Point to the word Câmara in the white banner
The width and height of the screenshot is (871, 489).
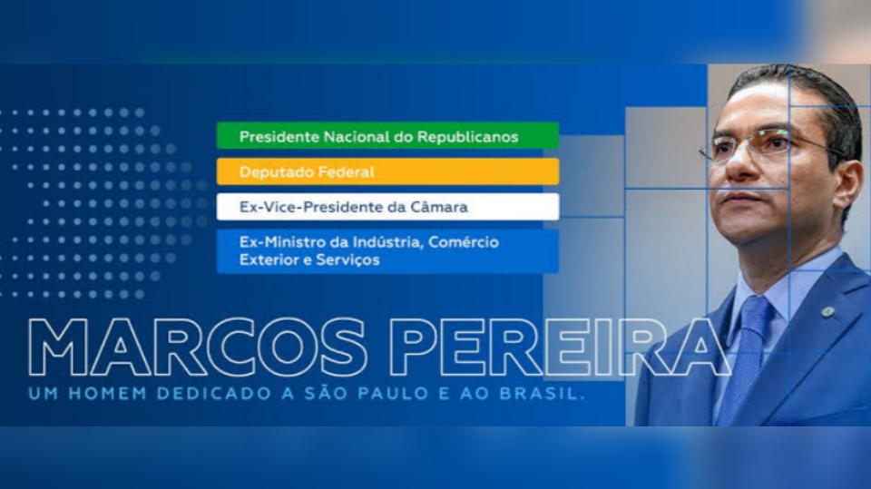[x=439, y=207]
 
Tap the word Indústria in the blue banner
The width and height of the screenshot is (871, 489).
[x=388, y=242]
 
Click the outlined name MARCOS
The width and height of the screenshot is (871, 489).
[x=197, y=347]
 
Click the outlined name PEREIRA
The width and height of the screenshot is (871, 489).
[x=558, y=347]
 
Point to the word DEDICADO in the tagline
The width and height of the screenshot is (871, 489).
[x=211, y=394]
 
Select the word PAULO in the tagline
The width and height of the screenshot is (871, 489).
[x=393, y=394]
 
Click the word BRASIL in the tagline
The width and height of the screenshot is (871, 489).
[x=538, y=394]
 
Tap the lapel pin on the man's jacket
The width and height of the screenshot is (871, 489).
[x=827, y=312]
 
